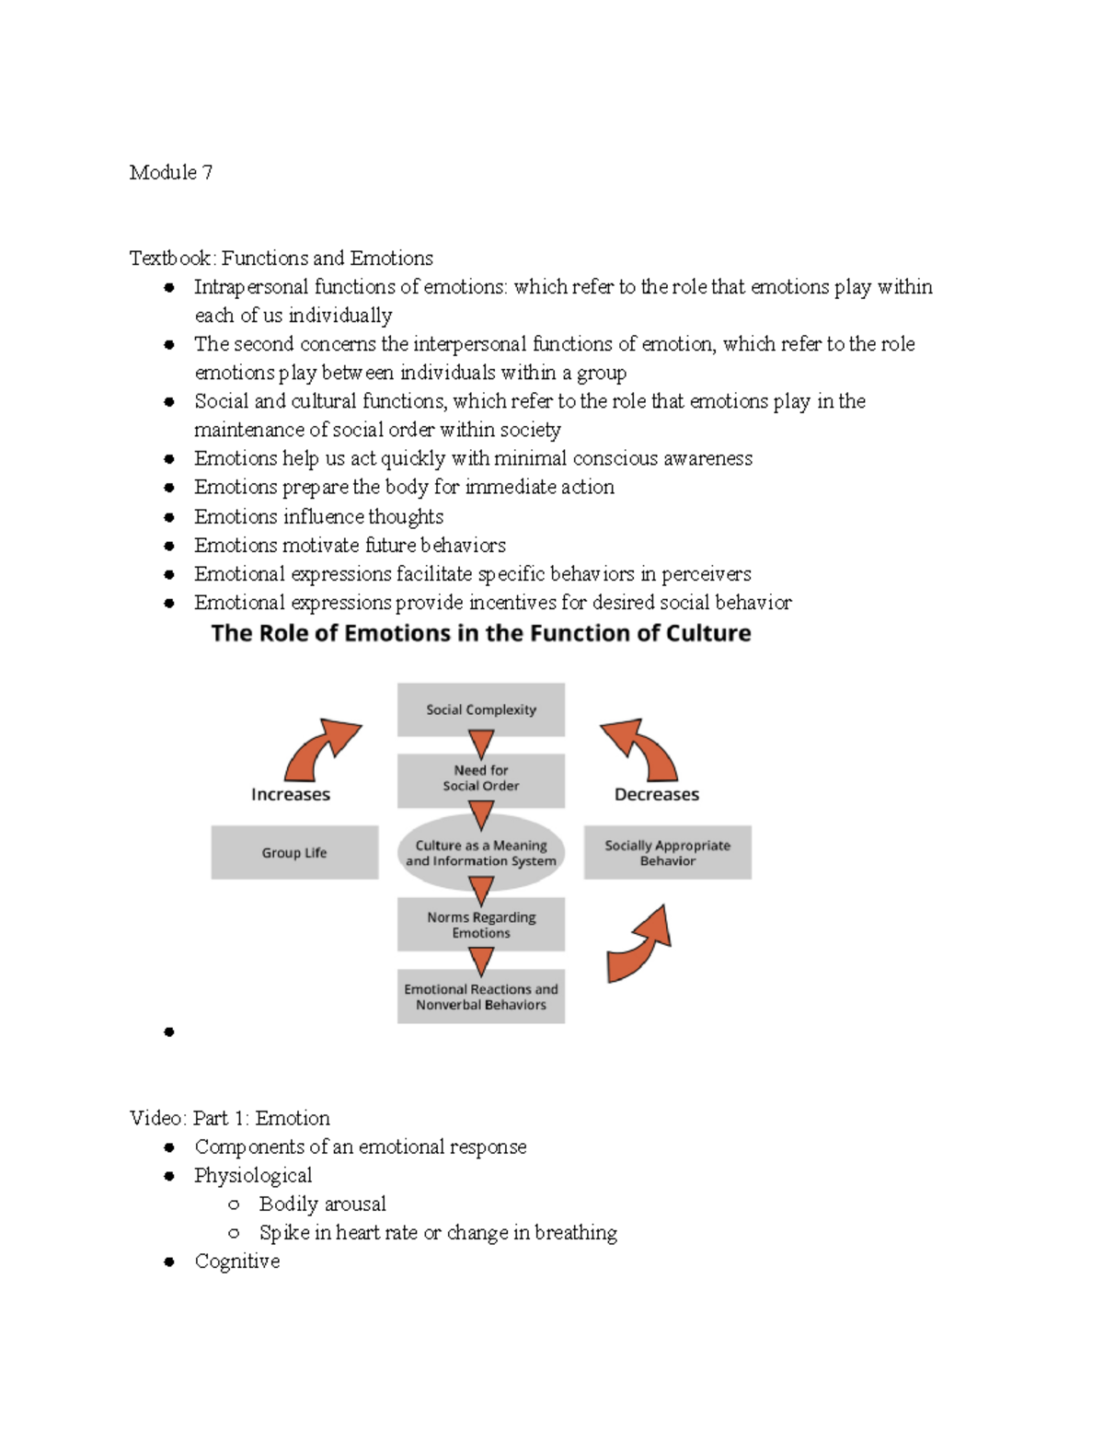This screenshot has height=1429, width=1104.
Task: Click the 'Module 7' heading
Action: (171, 173)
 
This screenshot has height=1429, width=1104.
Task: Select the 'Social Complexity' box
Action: (480, 709)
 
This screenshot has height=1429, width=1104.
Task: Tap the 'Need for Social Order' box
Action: (480, 778)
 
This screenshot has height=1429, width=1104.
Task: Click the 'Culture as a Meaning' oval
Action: (480, 853)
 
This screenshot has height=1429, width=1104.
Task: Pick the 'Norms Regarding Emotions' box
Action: (480, 925)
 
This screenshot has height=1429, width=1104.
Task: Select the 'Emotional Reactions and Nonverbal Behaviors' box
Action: (480, 997)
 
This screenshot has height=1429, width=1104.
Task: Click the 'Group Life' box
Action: (294, 853)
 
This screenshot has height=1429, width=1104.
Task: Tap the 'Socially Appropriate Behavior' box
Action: (667, 853)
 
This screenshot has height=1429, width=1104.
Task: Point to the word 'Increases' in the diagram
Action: (291, 794)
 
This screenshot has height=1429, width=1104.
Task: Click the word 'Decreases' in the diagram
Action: (656, 794)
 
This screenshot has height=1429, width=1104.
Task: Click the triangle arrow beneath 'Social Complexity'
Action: (481, 743)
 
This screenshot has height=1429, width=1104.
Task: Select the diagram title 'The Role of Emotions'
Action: (480, 633)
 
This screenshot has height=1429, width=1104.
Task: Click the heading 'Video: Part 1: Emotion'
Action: (230, 1118)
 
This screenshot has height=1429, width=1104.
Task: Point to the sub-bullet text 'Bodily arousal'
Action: (322, 1204)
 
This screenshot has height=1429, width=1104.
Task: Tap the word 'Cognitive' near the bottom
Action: (236, 1262)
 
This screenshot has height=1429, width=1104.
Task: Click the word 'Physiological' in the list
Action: (253, 1175)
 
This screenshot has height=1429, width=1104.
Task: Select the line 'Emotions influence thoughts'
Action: (318, 516)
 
